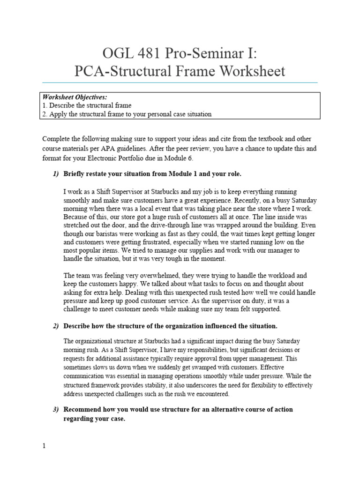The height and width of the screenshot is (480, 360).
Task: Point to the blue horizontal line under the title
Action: coord(180,82)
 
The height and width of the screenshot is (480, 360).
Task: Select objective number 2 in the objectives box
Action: coord(127,114)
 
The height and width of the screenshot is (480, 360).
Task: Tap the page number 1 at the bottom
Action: coord(44,446)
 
